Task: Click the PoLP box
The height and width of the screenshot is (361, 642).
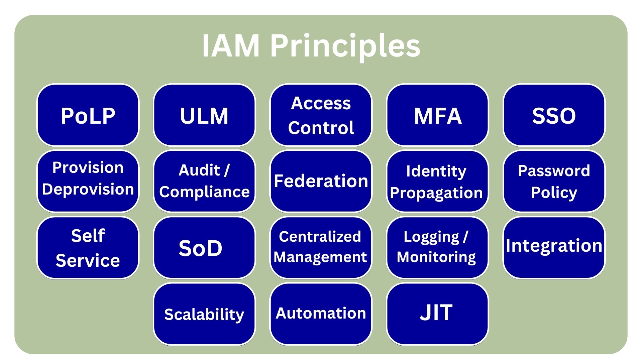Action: click(x=88, y=115)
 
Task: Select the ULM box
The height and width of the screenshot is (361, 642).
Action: click(x=204, y=115)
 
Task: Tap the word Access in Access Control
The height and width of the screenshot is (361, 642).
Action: click(x=321, y=103)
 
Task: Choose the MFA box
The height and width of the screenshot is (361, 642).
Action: click(x=437, y=115)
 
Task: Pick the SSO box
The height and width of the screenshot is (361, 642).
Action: click(x=554, y=115)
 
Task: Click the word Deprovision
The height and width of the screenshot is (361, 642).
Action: click(x=88, y=189)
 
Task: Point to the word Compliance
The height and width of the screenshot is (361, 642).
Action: click(x=204, y=192)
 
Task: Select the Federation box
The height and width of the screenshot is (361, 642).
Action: click(x=321, y=181)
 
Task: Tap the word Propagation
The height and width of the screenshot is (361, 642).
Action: click(x=436, y=193)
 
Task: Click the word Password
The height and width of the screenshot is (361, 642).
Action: click(x=554, y=171)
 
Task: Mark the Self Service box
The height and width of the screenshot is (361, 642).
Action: click(x=88, y=248)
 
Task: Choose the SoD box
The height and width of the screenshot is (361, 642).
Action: click(x=201, y=248)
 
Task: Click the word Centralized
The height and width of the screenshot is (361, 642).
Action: click(x=320, y=237)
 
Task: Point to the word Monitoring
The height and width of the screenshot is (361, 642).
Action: click(x=436, y=257)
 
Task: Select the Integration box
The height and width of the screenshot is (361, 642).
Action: click(x=554, y=246)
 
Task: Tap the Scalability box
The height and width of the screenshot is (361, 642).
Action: click(x=204, y=314)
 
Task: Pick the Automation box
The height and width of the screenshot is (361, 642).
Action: click(x=321, y=313)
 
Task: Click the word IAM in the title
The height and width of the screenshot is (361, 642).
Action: click(x=231, y=46)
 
